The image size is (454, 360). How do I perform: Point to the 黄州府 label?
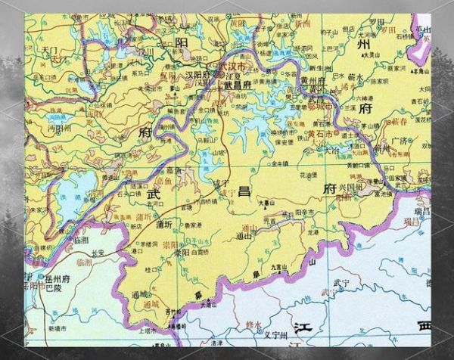312,82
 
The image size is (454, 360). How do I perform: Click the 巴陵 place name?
55,287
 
